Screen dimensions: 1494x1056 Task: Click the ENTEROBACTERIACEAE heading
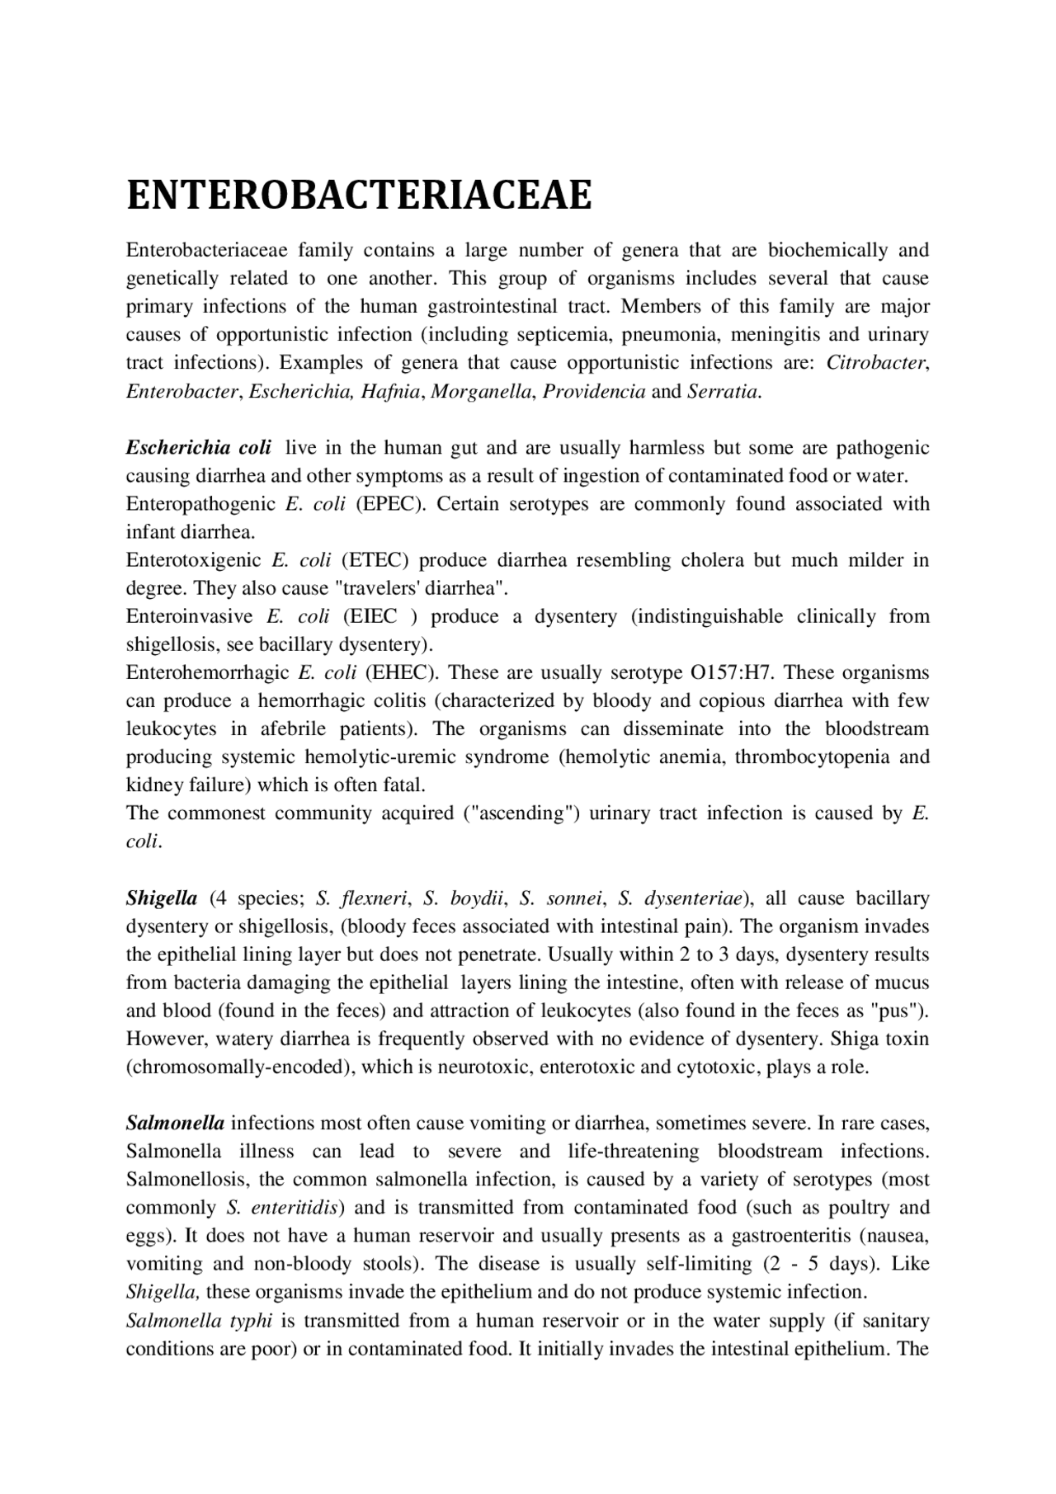(359, 196)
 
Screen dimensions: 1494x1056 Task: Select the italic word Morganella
(481, 391)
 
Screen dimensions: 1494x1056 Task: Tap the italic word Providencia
(594, 391)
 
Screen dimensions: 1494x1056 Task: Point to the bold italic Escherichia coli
(198, 448)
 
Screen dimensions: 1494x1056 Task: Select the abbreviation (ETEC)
(375, 560)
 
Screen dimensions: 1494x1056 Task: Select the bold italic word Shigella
(161, 898)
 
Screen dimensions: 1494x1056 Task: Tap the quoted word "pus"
(898, 1011)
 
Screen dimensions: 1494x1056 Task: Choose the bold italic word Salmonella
(175, 1123)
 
